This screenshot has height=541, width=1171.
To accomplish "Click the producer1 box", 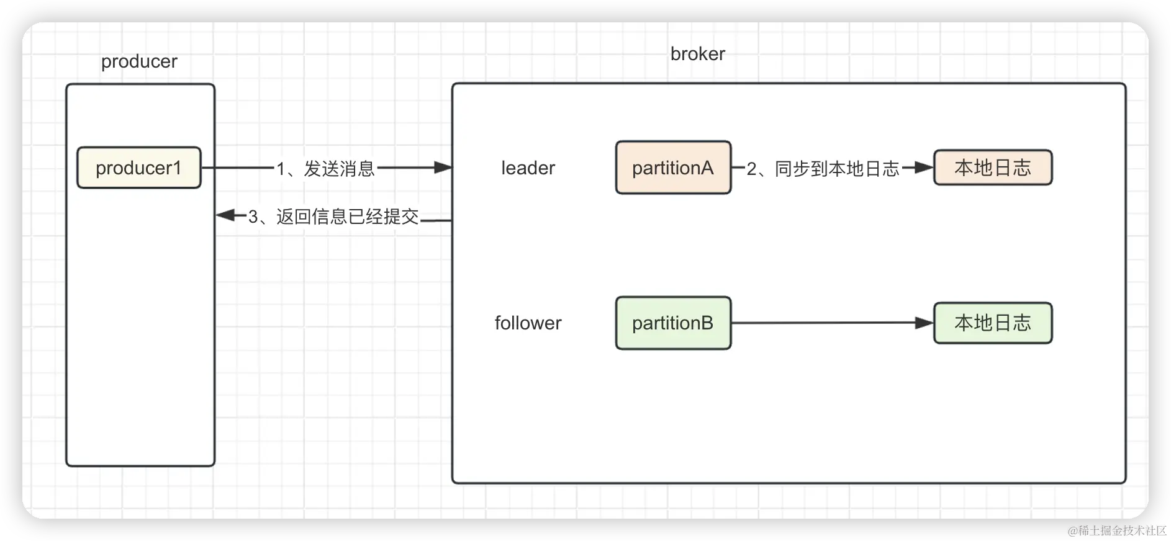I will coord(138,168).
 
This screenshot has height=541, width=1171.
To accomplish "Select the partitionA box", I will coord(673,168).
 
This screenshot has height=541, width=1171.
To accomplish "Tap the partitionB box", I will coord(673,323).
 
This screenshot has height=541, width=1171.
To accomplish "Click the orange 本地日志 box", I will coord(992,168).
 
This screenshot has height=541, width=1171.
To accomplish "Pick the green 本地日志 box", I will coord(992,323).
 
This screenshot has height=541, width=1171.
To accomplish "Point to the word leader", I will coord(528,168).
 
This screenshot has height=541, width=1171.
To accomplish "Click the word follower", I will coord(528,323).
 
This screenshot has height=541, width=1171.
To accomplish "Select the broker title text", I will coord(697,54).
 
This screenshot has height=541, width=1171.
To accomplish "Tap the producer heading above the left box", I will coord(139,61).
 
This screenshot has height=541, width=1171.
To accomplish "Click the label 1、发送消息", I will coord(325,168).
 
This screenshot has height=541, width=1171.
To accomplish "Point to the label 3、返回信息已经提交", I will coord(333,217).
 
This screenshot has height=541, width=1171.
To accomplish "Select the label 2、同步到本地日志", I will coord(823,168).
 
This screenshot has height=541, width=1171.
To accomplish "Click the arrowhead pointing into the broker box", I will coord(443,168).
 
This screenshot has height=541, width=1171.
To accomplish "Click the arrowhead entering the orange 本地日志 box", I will coord(925,168).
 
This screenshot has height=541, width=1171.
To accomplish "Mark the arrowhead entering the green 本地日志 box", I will coord(925,323).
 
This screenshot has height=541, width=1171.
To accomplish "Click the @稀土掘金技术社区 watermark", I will coord(1116,529).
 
